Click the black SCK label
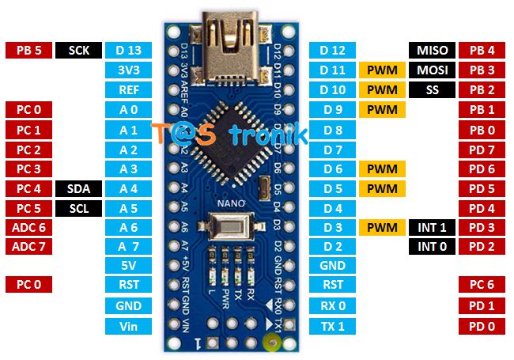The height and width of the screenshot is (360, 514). (79, 51)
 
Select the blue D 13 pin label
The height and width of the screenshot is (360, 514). (128, 51)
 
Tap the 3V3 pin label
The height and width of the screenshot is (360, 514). (128, 70)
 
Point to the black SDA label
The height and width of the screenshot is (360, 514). (79, 188)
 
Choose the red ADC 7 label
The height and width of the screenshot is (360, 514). (28, 246)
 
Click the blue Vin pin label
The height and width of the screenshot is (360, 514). (128, 326)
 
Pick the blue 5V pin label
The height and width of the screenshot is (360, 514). (128, 266)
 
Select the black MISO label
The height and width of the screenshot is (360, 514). (432, 51)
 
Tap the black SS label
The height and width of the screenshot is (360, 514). (432, 89)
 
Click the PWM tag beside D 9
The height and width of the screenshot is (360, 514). (381, 109)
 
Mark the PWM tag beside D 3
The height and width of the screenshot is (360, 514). (381, 228)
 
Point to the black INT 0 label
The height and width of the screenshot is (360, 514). (432, 247)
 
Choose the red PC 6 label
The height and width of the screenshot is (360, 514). (482, 285)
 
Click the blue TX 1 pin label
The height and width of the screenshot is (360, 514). (332, 325)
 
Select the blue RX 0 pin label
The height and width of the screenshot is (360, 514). (332, 305)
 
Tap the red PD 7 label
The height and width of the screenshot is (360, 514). (482, 149)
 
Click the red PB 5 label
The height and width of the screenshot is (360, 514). (28, 51)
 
